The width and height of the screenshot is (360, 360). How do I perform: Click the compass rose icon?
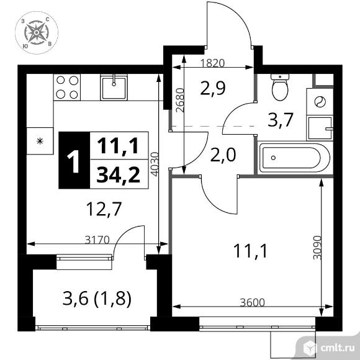[37, 33]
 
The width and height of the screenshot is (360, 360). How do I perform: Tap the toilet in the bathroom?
[280, 88]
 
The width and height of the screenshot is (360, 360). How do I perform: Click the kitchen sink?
[114, 88]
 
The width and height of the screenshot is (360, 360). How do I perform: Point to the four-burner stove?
[67, 88]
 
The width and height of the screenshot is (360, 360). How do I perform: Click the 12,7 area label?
[104, 209]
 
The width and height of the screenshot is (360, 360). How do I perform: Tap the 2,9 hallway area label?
[213, 88]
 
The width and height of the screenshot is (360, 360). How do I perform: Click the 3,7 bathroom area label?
[281, 120]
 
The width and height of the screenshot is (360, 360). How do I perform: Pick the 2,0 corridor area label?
[223, 155]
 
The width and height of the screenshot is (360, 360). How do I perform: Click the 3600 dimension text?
[253, 303]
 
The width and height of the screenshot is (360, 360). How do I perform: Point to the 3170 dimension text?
[97, 240]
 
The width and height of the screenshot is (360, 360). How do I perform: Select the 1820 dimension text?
[212, 63]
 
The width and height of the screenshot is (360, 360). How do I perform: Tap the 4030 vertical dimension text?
[155, 164]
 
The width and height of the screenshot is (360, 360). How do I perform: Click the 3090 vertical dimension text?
[318, 248]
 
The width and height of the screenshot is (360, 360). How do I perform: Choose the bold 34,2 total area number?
[119, 174]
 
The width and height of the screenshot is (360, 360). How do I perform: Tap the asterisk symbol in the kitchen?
[40, 141]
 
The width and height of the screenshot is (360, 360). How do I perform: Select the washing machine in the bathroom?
[320, 101]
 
